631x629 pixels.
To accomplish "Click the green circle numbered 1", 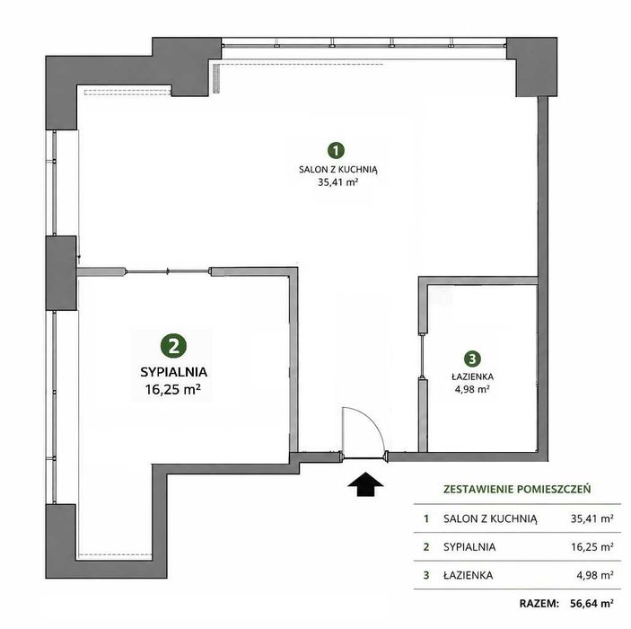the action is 336,150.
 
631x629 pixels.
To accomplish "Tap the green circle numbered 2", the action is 173,346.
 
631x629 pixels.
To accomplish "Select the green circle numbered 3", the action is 472,359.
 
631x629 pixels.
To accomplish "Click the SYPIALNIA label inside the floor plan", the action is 173,372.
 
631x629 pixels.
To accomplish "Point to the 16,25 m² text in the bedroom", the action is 173,390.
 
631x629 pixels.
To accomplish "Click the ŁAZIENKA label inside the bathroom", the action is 472,377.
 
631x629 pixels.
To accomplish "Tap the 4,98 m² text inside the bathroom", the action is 472,389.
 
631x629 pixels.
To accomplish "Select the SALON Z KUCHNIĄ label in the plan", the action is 338,170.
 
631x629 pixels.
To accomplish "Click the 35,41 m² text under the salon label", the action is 338,182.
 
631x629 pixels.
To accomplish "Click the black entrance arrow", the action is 365,483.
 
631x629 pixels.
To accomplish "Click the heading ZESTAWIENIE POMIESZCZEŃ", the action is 517,489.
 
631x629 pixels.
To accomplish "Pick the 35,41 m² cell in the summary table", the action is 592,518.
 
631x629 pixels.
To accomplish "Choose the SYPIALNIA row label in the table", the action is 469,547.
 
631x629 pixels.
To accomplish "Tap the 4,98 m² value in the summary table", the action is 595,575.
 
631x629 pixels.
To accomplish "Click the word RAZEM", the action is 539,603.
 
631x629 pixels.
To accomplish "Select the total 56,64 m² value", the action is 592,603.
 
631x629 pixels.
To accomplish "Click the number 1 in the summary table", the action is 426,518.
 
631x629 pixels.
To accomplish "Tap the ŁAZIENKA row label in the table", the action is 468,575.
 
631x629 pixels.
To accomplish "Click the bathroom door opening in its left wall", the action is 422,356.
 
